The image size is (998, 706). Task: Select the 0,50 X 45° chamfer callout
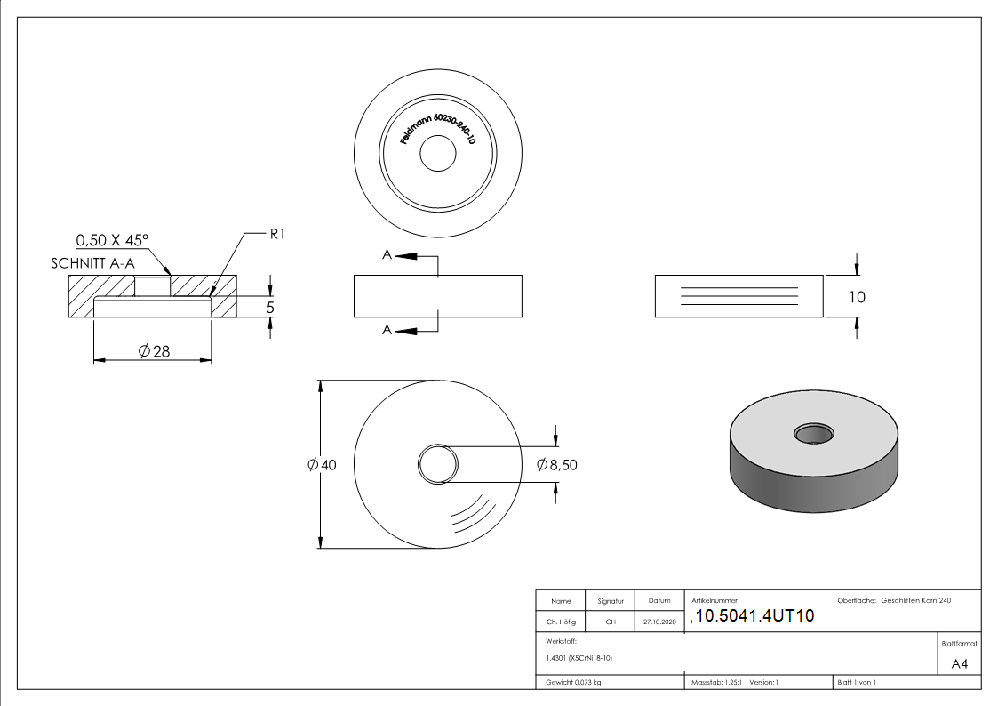tap(112, 240)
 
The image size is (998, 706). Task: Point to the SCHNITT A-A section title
tap(93, 264)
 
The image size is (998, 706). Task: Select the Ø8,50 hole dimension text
tap(557, 464)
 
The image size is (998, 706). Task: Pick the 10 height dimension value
tap(856, 297)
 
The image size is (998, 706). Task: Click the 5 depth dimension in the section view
tap(270, 307)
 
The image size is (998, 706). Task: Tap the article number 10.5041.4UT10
tap(754, 617)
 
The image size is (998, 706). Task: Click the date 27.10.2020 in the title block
tap(659, 622)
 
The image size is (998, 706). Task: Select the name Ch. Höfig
tap(561, 622)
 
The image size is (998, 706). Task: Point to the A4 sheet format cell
tap(960, 663)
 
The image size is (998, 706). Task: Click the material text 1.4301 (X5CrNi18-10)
tap(579, 658)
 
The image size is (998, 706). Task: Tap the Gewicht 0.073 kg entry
tap(574, 682)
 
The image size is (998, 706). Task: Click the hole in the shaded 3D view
tap(814, 434)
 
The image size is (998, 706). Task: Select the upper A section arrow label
tap(387, 255)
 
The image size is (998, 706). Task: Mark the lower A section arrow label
tap(387, 330)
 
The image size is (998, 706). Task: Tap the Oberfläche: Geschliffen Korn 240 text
tap(894, 601)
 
